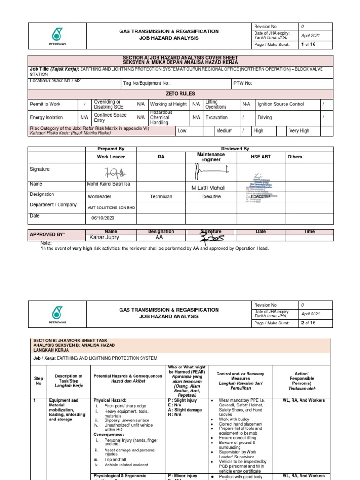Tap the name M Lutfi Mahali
coord(209,188)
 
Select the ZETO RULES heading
coord(180,94)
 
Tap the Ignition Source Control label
coord(281,104)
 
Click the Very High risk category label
coord(300,131)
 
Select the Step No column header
coord(38,380)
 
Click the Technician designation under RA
coord(161,197)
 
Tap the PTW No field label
coord(243,83)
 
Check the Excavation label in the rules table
coord(217,118)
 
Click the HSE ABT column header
coord(261,157)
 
